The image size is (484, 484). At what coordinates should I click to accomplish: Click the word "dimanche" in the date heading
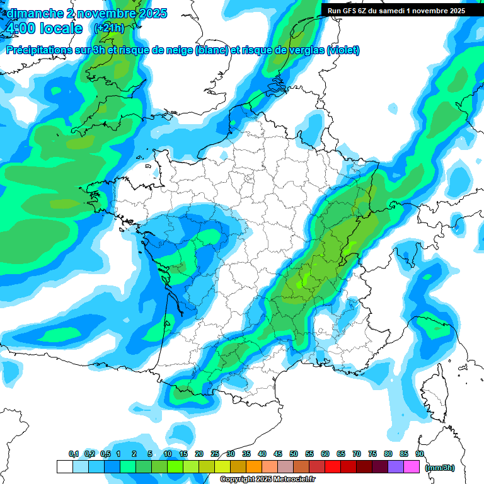point(34,13)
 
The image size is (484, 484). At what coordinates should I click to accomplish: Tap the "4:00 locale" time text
point(43,28)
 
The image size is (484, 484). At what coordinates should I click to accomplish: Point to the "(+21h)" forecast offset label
point(109,28)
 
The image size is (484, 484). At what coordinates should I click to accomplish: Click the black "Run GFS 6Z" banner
point(396,10)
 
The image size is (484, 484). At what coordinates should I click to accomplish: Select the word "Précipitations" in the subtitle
point(43,50)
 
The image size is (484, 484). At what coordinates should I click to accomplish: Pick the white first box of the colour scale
point(64,466)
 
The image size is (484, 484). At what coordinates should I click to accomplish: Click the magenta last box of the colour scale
point(412,466)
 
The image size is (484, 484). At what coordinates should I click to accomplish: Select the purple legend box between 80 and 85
point(396,466)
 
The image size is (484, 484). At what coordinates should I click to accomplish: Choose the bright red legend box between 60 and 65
point(333,466)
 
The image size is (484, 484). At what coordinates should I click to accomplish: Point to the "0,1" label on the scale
point(73,454)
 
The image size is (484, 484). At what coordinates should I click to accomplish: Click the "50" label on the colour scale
point(294,454)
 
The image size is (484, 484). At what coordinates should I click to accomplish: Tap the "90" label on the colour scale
point(420,454)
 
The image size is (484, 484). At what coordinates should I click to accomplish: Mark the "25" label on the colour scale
point(215,454)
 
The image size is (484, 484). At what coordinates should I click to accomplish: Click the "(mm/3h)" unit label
point(440,467)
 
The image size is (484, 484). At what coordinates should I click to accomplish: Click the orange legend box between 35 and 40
point(254,466)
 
